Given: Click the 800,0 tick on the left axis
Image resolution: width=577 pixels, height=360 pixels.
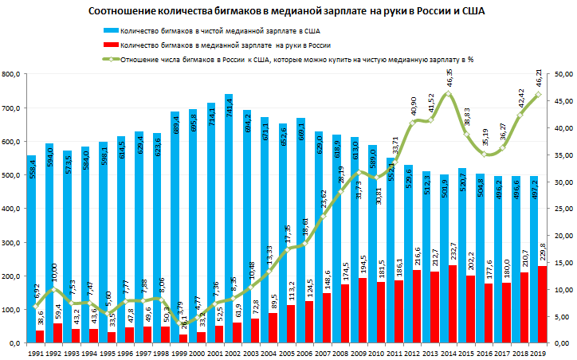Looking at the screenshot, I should [x=14, y=74].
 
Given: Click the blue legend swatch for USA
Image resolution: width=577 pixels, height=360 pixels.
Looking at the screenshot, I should [x=109, y=30].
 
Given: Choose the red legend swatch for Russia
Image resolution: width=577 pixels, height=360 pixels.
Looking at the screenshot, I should [x=109, y=46].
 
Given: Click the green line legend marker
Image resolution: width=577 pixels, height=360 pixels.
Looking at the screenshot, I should [x=109, y=60].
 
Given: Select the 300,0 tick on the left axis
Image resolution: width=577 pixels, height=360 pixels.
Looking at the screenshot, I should [x=14, y=242].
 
